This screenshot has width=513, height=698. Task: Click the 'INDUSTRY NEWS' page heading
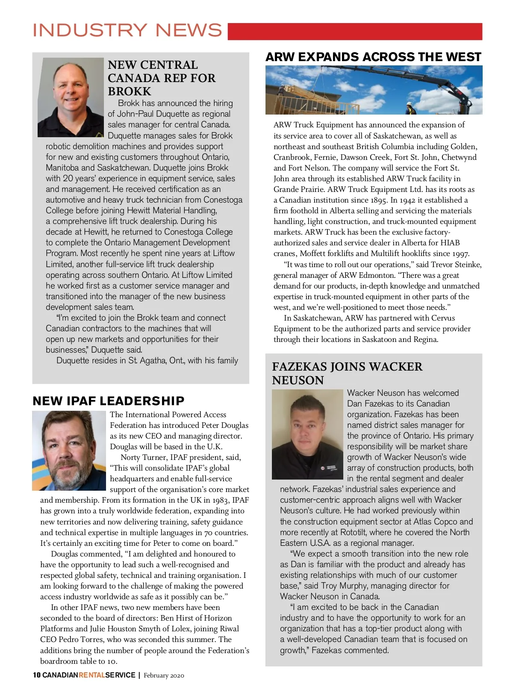pos(127,30)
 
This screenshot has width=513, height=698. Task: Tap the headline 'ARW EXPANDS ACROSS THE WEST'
pos(373,57)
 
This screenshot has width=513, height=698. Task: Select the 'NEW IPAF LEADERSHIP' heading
pos(108,401)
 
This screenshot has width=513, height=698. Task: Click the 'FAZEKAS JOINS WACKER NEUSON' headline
pos(347,373)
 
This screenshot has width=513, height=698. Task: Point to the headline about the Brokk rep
pos(162,78)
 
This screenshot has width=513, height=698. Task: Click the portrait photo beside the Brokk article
pos(71,97)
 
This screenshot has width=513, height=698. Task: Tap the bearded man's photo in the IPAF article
pos(69,451)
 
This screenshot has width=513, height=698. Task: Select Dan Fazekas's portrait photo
pos(307,434)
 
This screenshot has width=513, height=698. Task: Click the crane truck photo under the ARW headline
pos(374,90)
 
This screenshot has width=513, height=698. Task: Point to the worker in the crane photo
pos(410,108)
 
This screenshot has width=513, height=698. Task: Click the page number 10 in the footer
pos(37,675)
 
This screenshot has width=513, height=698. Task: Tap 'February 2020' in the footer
pos(164,675)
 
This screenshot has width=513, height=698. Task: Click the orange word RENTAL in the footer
pos(92,675)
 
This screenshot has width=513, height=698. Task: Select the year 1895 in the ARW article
pos(378,200)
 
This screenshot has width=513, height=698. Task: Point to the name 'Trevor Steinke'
pos(456,265)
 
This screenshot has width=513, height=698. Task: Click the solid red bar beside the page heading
pos(355,32)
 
